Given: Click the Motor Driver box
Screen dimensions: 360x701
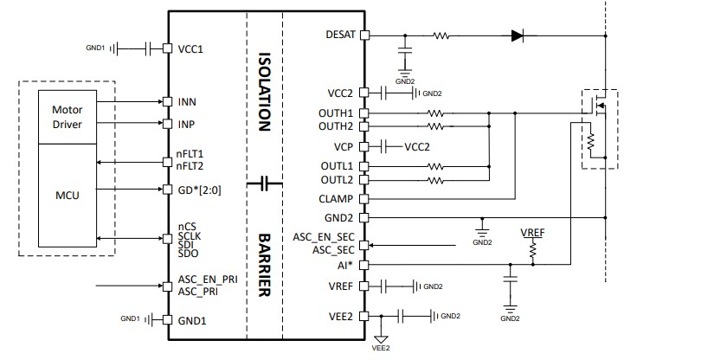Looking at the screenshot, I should tap(67, 117).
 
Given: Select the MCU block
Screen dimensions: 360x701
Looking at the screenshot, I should tap(67, 196).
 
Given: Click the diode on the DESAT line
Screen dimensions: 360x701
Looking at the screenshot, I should tap(518, 35).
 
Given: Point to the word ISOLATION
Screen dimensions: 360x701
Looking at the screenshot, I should tap(265, 91).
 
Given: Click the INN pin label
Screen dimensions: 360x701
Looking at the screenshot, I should tap(187, 102).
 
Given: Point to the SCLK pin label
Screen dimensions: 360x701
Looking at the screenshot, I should tap(190, 235).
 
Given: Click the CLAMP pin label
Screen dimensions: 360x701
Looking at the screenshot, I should tap(336, 199).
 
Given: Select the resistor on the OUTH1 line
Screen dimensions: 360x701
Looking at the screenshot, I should tap(435, 112).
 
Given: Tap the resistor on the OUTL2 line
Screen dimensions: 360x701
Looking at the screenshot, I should tap(435, 180).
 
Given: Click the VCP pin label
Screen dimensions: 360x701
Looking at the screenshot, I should tap(343, 146).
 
